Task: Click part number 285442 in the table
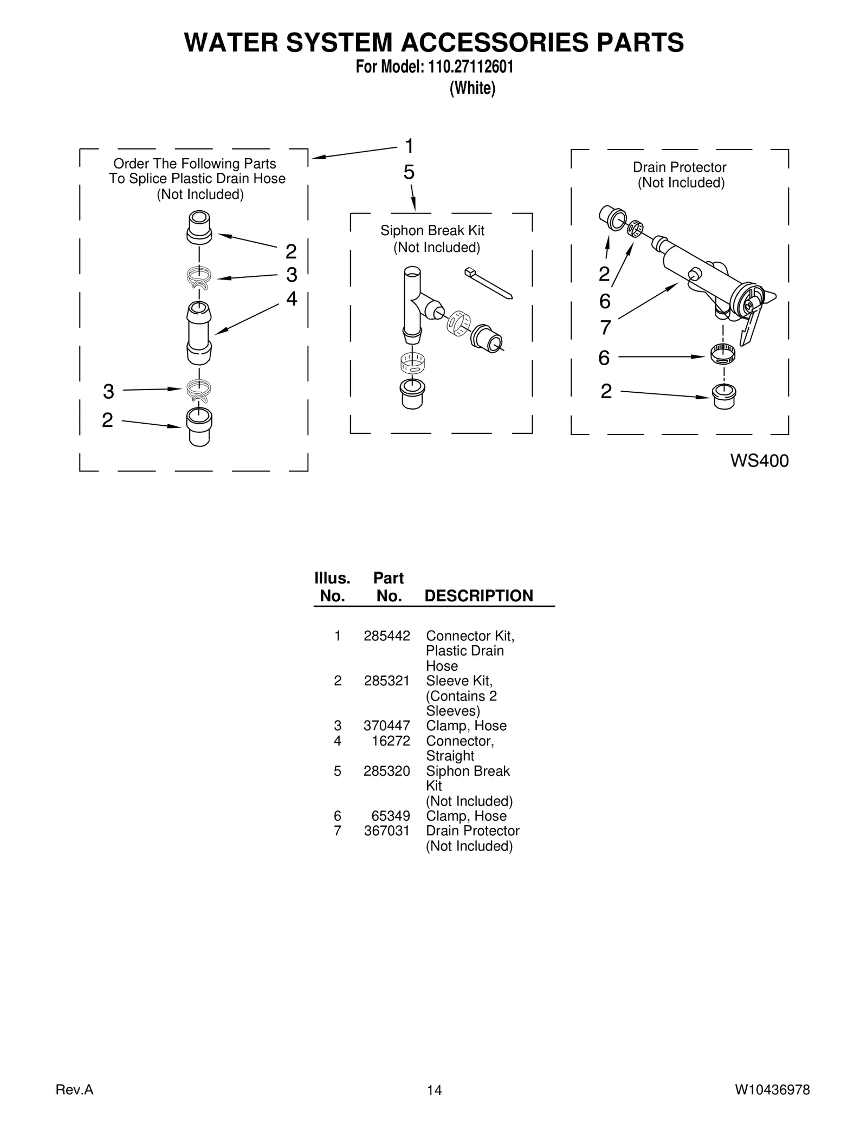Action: [x=386, y=635]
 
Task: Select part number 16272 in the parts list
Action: [x=391, y=741]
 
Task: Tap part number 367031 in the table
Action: [x=386, y=831]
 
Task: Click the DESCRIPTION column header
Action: [x=478, y=595]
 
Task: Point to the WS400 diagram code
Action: [x=759, y=461]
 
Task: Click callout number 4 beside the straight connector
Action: [x=292, y=299]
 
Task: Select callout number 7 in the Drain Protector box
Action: [x=605, y=328]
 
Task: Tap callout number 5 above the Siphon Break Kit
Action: [x=409, y=172]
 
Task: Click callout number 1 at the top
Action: [x=410, y=146]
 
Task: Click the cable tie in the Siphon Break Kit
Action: [x=488, y=282]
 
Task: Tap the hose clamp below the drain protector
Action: [x=722, y=354]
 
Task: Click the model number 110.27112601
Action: [x=470, y=67]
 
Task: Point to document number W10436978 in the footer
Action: [x=772, y=1089]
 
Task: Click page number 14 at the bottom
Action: [x=434, y=1090]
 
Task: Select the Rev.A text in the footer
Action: [x=75, y=1089]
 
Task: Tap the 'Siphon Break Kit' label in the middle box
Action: [x=432, y=230]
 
